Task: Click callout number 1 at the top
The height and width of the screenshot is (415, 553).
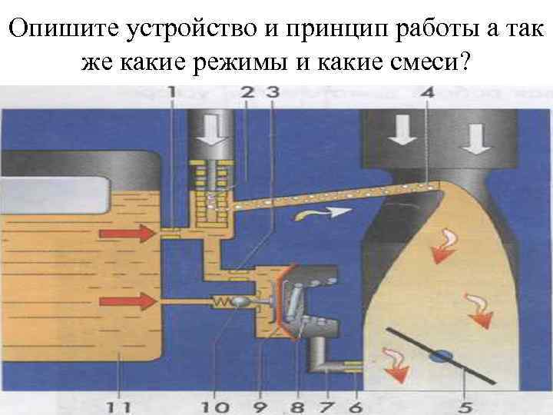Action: [x=172, y=93]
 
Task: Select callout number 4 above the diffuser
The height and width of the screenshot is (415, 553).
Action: [x=427, y=93]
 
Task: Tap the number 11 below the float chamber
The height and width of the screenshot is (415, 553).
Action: [x=118, y=404]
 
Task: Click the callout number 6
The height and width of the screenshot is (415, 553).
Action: [x=356, y=404]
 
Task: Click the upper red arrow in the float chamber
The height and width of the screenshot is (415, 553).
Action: [x=139, y=238]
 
